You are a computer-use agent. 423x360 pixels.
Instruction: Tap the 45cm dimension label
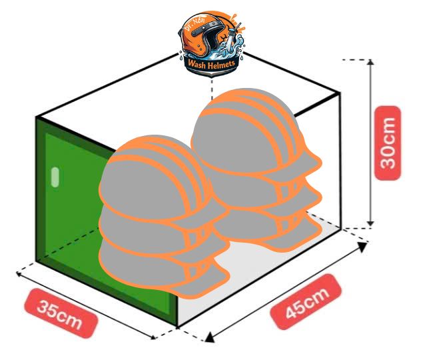[x=307, y=301]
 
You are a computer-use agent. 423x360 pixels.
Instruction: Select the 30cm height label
[x=388, y=142]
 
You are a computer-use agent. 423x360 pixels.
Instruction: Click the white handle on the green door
[x=55, y=177]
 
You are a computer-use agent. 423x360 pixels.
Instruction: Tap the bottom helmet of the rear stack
[x=266, y=230]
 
